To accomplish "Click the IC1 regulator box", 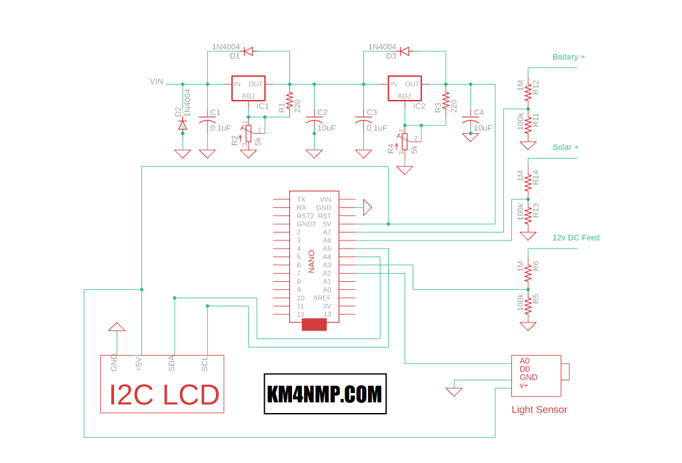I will (248, 88).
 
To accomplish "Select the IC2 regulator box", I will (405, 88).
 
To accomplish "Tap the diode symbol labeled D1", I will (248, 51).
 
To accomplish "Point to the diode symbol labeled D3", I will (404, 51).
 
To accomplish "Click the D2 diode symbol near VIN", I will (183, 125).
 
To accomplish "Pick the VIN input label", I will (156, 82).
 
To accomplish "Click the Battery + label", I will (569, 57).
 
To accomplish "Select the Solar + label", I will (565, 147).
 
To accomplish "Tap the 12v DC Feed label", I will (575, 238).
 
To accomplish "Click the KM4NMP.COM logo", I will (325, 394).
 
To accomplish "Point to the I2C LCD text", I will (164, 395).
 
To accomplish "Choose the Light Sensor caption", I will (539, 410).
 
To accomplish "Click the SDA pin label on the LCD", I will (172, 363).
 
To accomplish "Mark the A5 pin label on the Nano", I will (327, 248).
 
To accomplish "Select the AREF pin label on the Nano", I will (323, 298).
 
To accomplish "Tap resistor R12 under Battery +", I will (528, 89).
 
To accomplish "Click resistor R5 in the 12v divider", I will (528, 305).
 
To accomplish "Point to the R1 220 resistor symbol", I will (289, 101).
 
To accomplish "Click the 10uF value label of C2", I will (327, 128).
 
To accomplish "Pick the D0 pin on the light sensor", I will (525, 369).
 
